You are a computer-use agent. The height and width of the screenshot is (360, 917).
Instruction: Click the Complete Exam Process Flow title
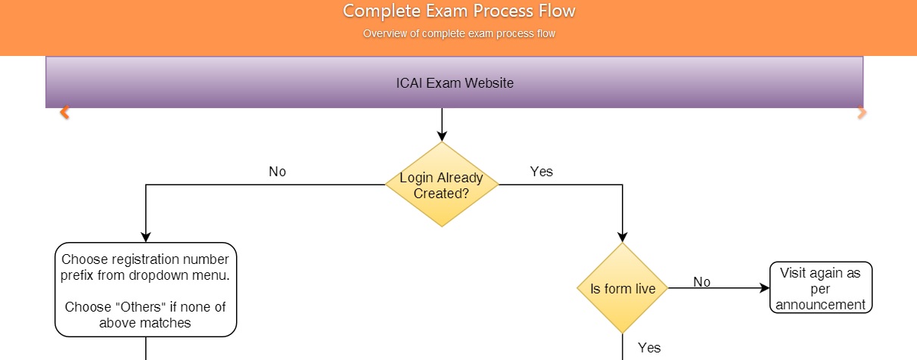coord(459,11)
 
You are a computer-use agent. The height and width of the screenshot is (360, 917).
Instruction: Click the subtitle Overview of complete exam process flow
coord(459,33)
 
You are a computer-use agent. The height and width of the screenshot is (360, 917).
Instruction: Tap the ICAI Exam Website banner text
coord(455,83)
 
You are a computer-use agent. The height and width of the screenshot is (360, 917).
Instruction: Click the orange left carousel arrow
coord(64,112)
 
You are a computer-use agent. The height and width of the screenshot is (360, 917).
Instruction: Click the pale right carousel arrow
coord(862,113)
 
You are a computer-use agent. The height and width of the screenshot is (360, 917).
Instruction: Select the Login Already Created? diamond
coord(442,185)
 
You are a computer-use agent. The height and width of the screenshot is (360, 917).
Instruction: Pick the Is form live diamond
coord(622,288)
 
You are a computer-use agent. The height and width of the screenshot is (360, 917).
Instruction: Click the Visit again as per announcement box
coord(821,288)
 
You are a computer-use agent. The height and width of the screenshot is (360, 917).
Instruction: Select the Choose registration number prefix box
coord(146,290)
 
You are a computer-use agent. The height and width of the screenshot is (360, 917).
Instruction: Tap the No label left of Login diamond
coord(277,172)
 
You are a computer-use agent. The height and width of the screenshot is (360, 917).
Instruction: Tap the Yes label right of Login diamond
coord(541,172)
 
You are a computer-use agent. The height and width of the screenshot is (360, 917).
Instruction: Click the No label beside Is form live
coord(701,282)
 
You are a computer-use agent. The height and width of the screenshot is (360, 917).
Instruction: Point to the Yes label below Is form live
coord(649,348)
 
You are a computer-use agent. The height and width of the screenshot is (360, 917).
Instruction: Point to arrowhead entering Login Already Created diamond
coord(442,136)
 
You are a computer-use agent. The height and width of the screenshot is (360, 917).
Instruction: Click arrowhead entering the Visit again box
coord(764,288)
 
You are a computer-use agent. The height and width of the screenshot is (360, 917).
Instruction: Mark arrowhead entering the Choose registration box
coord(146,237)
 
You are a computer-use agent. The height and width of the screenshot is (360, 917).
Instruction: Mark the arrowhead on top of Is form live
coord(622,237)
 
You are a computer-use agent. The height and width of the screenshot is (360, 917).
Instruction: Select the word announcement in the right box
coord(820,305)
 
